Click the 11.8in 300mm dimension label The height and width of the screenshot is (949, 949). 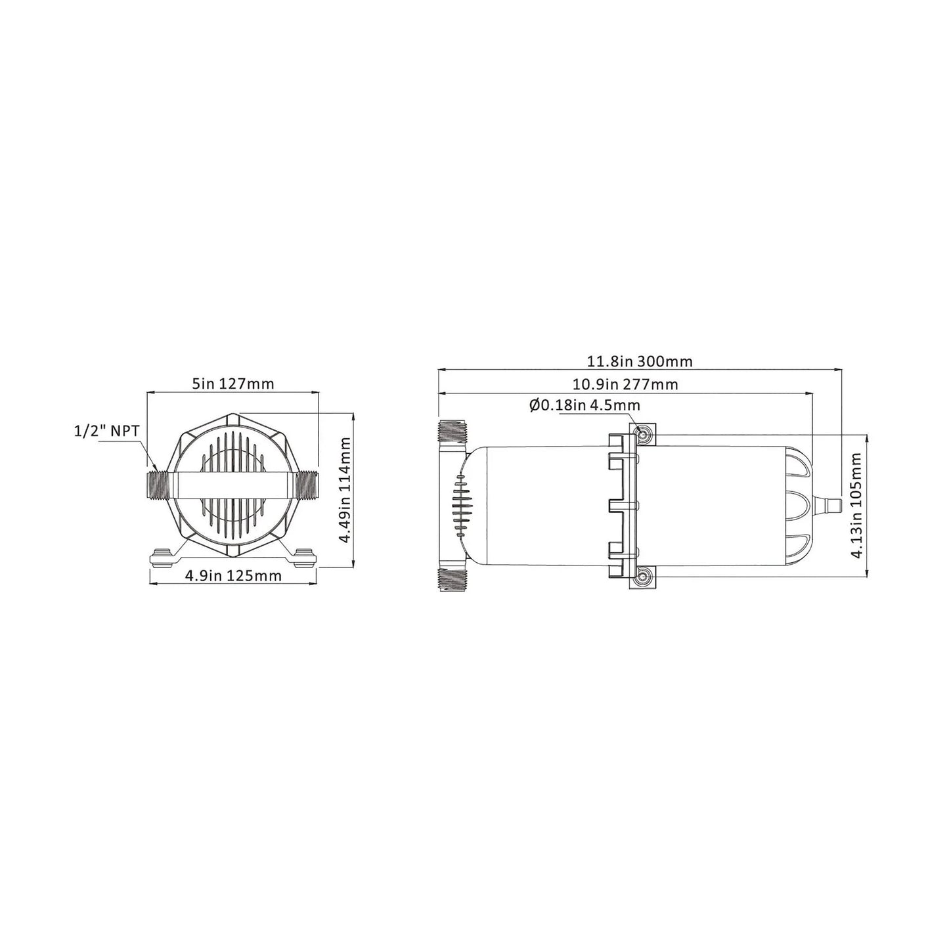(639, 361)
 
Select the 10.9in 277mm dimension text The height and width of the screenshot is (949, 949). (625, 384)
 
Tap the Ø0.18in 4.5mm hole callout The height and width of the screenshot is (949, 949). (584, 406)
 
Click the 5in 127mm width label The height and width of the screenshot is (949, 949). (232, 384)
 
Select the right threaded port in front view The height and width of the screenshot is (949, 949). (305, 485)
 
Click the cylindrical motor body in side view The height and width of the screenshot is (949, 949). (539, 506)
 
